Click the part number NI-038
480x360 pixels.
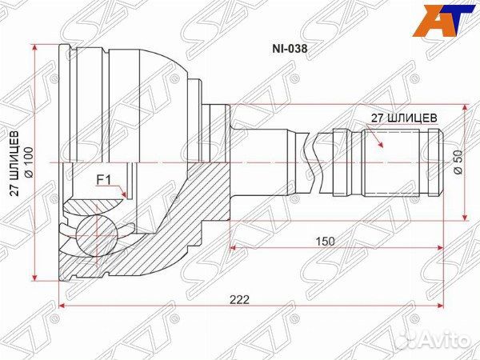pyautogui.click(x=291, y=47)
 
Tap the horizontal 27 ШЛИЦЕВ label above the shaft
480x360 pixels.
pyautogui.click(x=404, y=117)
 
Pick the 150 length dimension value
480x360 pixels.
pyautogui.click(x=325, y=240)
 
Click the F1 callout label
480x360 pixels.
pyautogui.click(x=105, y=180)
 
